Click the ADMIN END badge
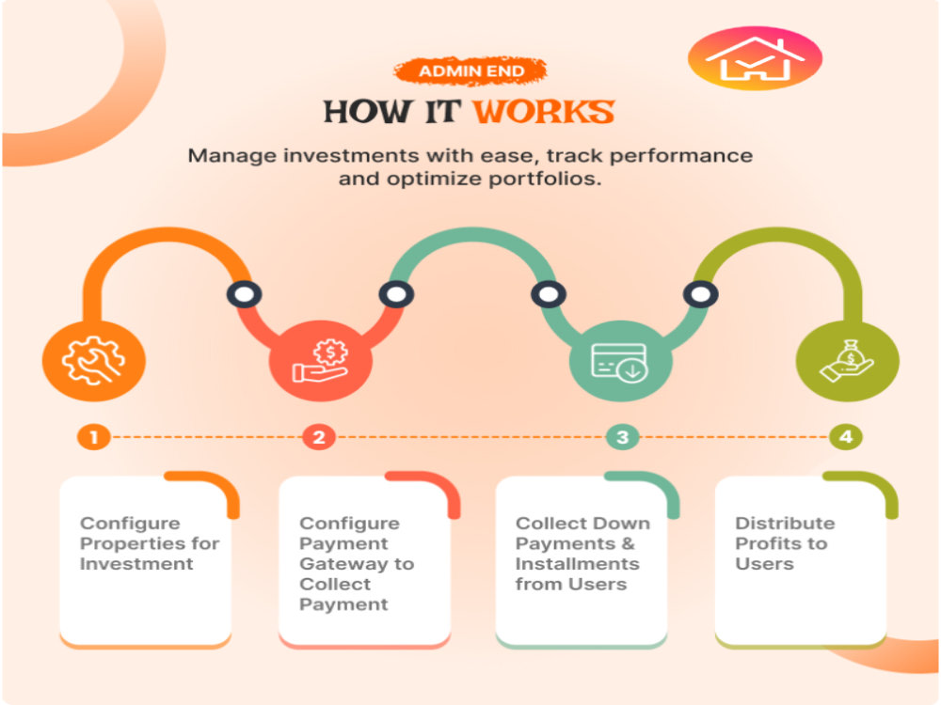[470, 71]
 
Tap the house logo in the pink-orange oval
[755, 58]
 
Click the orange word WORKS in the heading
[544, 112]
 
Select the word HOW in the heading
[368, 112]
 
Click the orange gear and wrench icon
[93, 360]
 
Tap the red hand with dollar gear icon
[321, 361]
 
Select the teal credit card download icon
[619, 362]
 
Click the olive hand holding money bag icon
[847, 361]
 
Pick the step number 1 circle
[93, 437]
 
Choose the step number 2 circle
[319, 437]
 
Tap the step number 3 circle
[622, 437]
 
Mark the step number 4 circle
[846, 437]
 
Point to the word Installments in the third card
[578, 564]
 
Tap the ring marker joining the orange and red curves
[245, 294]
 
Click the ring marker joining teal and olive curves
[700, 294]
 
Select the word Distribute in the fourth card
[785, 524]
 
